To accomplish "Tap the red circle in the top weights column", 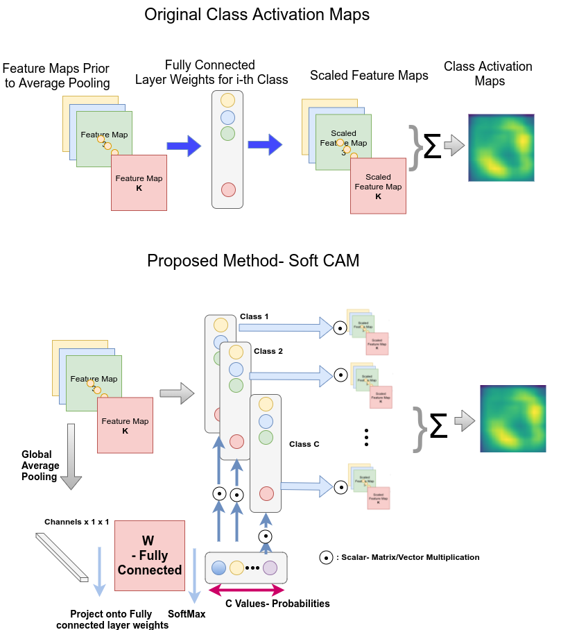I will pos(227,189).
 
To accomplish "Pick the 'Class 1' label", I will pos(255,316).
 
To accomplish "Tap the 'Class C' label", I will pos(304,444).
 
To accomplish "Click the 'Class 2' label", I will pos(268,351).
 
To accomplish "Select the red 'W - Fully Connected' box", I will pos(149,556).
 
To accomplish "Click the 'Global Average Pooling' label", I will pos(40,466).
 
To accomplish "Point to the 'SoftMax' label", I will pos(187,614).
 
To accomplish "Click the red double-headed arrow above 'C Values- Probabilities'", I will pos(246,590).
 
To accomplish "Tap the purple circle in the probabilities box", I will pos(270,568).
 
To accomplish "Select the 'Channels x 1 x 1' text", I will pos(77,522).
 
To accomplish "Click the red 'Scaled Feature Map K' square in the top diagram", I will pos(379,187).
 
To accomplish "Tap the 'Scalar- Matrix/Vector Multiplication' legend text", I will pos(411,557).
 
